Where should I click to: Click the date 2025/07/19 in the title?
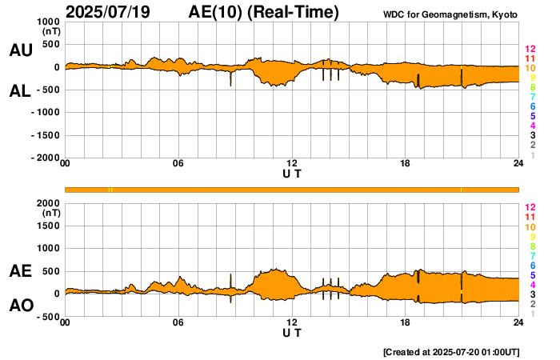coord(110,12)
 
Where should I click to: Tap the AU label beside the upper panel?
coord(21,50)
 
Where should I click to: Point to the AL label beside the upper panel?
coord(21,91)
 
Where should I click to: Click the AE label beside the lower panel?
coord(21,272)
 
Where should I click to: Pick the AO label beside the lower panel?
coord(21,306)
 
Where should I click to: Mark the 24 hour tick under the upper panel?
coord(518,164)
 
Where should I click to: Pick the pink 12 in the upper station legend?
coord(530,50)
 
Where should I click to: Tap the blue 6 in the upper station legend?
coord(532,106)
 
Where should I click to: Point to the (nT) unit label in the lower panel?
coord(50,214)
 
